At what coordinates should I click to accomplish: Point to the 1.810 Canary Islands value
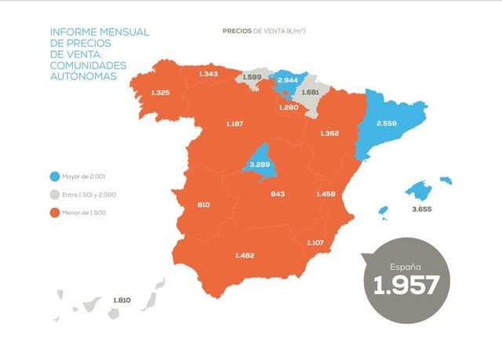coord(122,300)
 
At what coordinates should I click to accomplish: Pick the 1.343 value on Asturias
coord(209,74)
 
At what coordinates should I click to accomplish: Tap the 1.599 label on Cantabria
coord(253,77)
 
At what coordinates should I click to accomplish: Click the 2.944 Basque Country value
coord(288,80)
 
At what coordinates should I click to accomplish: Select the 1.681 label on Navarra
coord(311,93)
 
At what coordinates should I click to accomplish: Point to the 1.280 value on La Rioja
coord(289,107)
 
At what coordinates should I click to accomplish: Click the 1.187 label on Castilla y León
coord(235,124)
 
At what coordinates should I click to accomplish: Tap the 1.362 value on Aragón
coord(329,133)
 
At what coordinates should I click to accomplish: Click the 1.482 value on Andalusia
coord(246,255)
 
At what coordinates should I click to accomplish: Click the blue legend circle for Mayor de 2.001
coord(55,176)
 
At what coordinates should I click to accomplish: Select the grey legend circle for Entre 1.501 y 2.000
coord(55,194)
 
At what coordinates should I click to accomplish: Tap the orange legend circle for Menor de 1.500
coord(55,212)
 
